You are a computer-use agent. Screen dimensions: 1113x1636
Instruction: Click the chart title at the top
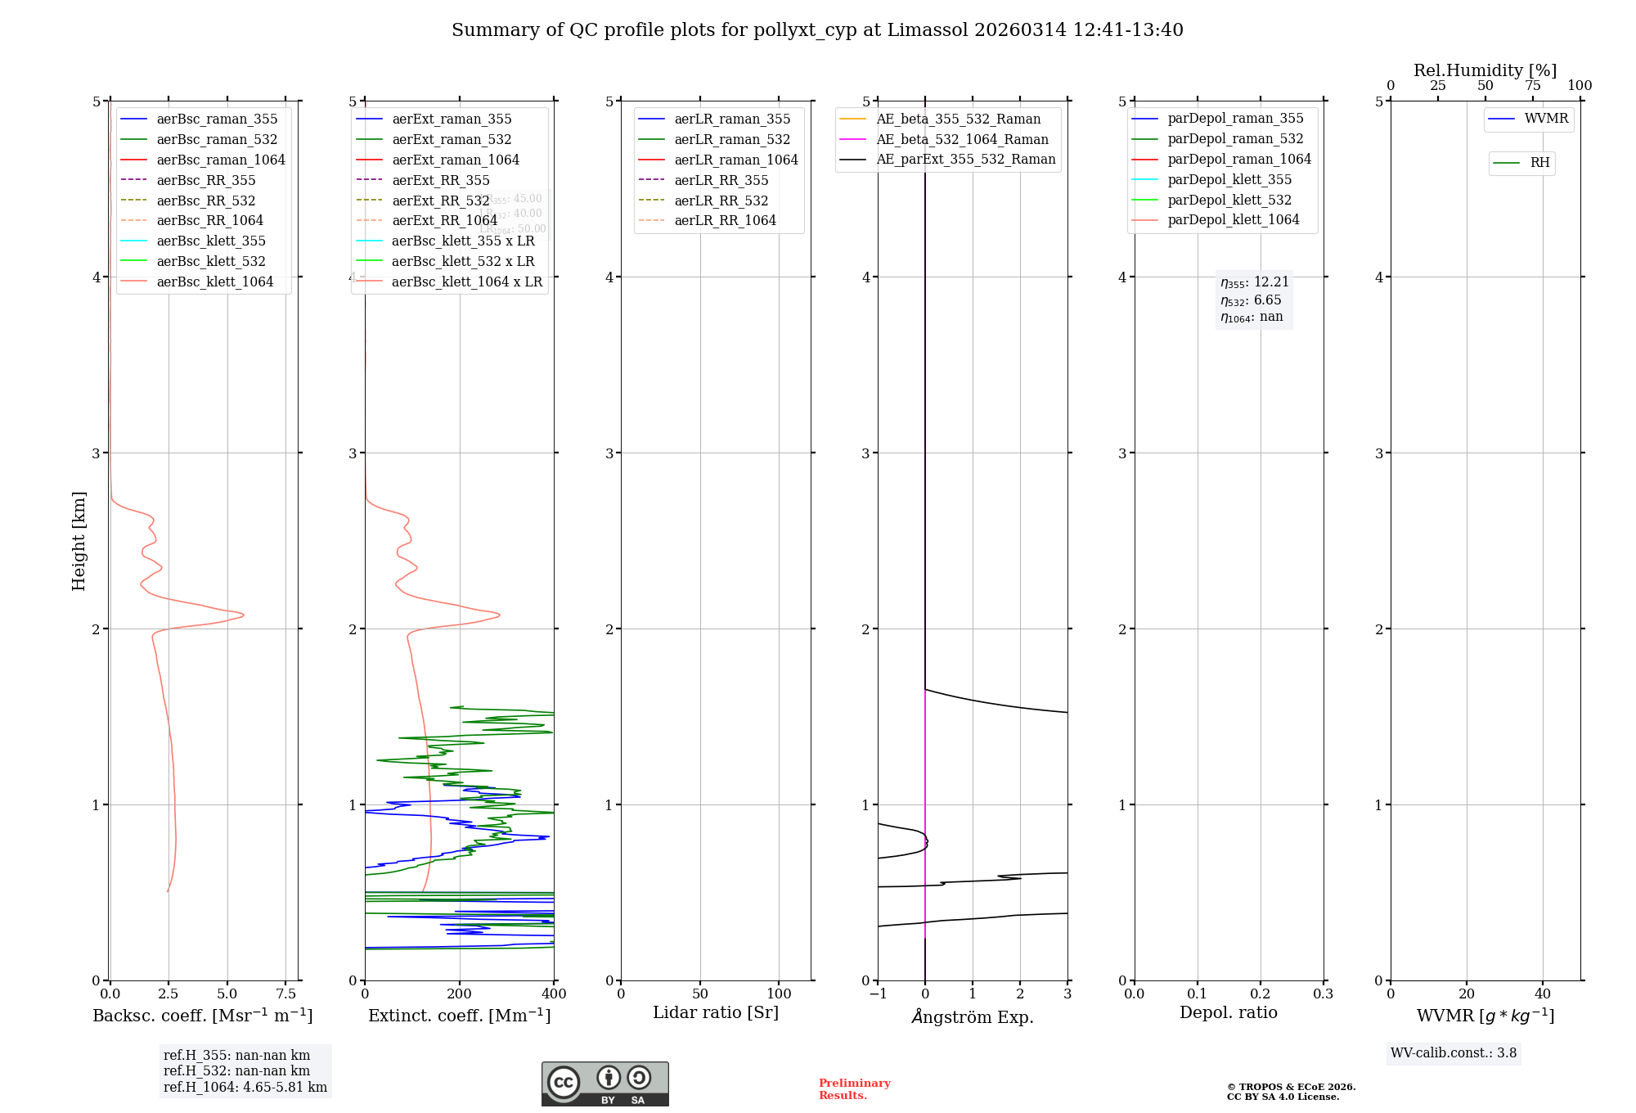[x=817, y=30]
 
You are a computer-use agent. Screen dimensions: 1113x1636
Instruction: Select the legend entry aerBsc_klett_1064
[x=214, y=282]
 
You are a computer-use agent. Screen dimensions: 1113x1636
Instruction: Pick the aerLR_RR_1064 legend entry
[x=725, y=220]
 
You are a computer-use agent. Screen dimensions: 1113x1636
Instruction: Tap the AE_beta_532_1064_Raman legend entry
[x=962, y=139]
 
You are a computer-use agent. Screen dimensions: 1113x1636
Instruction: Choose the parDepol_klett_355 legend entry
[x=1229, y=179]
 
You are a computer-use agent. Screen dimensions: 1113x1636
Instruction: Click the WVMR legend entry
[x=1546, y=119]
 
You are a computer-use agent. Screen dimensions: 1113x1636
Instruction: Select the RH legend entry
[x=1539, y=163]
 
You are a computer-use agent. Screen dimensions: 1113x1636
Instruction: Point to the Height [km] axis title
[x=79, y=540]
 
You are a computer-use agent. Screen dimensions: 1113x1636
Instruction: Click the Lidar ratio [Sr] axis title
[x=716, y=1012]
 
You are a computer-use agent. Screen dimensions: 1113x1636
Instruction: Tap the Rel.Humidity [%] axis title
[x=1485, y=70]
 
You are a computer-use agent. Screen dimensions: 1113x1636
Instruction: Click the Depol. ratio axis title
[x=1228, y=1012]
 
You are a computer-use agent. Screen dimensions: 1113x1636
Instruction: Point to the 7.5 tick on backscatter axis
[x=285, y=994]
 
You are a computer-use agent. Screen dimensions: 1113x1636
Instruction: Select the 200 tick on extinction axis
[x=460, y=994]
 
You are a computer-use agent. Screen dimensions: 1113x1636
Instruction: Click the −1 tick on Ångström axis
[x=878, y=994]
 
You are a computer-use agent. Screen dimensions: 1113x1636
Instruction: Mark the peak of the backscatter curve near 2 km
[x=243, y=615]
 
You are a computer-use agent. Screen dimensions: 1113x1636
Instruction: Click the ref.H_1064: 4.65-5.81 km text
[x=245, y=1088]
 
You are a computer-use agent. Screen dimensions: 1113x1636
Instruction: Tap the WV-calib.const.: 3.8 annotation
[x=1454, y=1053]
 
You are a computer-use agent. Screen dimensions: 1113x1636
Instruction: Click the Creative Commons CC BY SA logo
[x=605, y=1084]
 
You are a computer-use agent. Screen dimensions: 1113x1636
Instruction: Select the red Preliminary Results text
[x=854, y=1089]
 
